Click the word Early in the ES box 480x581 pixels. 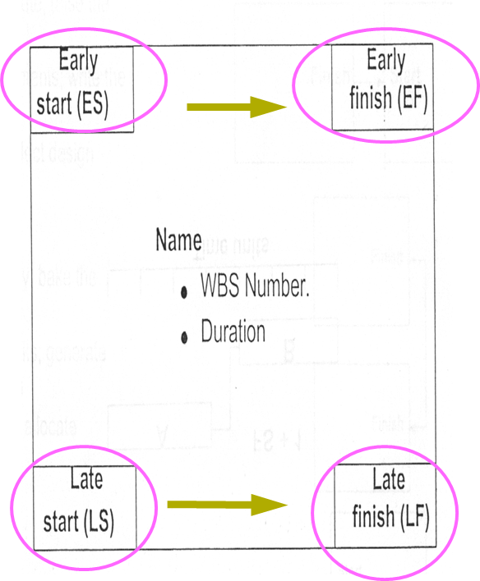pos(78,62)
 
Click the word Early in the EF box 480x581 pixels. pos(385,61)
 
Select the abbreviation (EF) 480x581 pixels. pos(411,100)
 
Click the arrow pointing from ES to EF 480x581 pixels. pos(235,107)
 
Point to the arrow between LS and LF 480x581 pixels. pos(226,505)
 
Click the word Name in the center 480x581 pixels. pos(178,241)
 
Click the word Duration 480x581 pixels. pos(233,332)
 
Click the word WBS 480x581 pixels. pos(219,287)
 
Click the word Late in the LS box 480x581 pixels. pos(85,480)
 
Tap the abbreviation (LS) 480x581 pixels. pos(99,521)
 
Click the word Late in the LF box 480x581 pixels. pos(389,478)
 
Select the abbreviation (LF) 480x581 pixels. pos(414,518)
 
